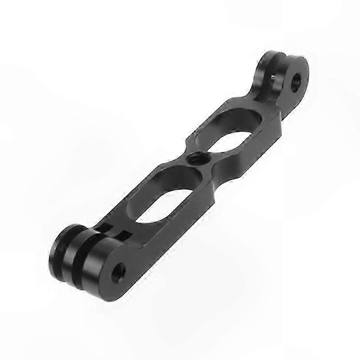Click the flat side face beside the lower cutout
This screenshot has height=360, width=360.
(180, 216)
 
